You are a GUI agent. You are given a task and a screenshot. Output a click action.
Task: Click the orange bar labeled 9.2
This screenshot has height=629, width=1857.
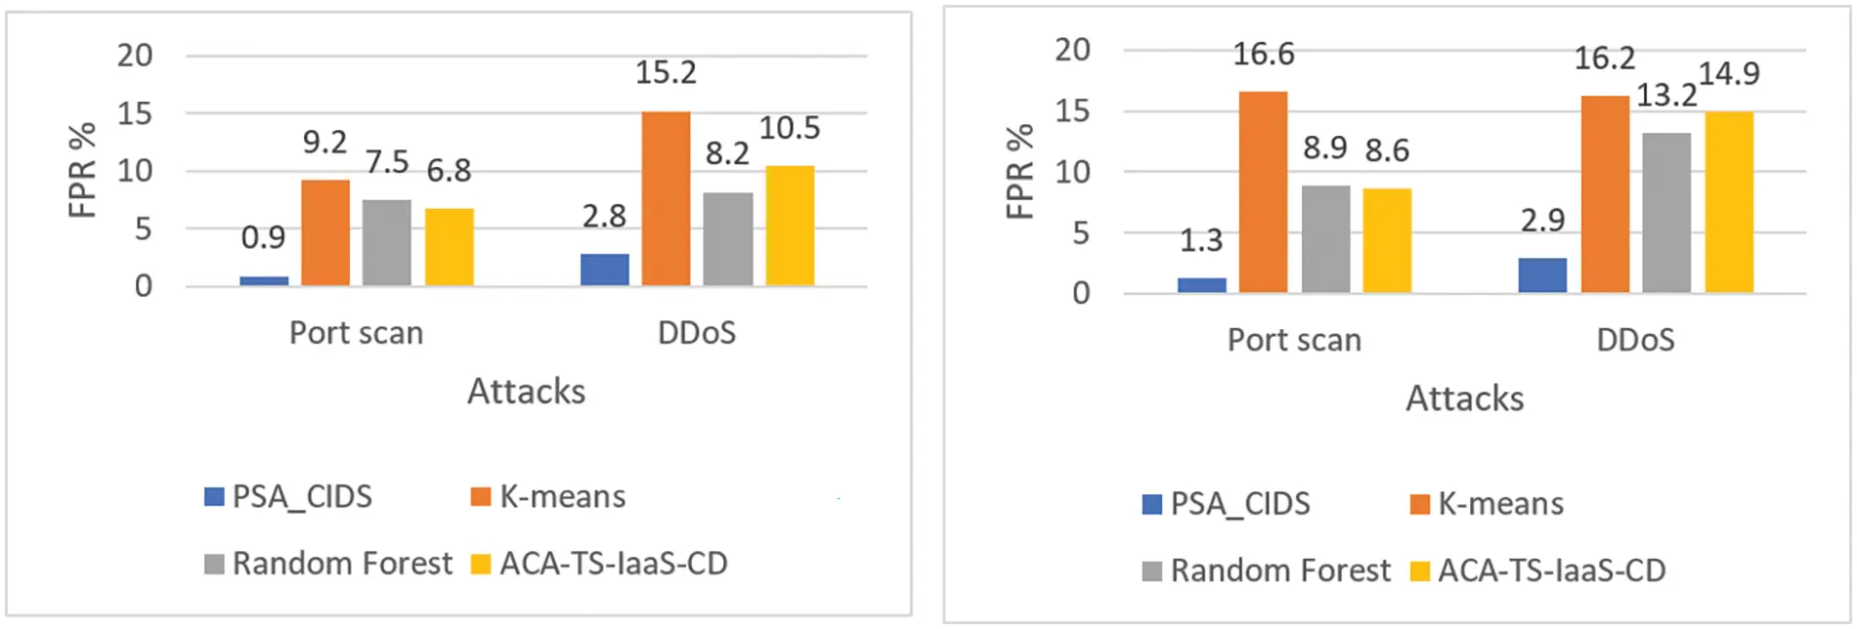pyautogui.click(x=325, y=232)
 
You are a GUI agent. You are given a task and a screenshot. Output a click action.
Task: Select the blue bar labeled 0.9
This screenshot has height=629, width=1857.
pyautogui.click(x=264, y=281)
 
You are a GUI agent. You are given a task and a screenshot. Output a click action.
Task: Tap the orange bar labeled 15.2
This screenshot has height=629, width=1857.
pyautogui.click(x=666, y=198)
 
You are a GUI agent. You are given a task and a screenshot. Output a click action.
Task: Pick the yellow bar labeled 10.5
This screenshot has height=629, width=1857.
pyautogui.click(x=790, y=226)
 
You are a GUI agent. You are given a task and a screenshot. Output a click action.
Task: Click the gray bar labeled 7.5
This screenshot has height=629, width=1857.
pyautogui.click(x=387, y=242)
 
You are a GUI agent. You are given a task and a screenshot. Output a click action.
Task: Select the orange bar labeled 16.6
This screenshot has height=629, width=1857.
pyautogui.click(x=1263, y=191)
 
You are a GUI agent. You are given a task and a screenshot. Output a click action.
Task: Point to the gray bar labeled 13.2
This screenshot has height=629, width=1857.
pyautogui.click(x=1666, y=212)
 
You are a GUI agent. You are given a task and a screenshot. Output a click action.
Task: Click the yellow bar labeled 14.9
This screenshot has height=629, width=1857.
pyautogui.click(x=1729, y=201)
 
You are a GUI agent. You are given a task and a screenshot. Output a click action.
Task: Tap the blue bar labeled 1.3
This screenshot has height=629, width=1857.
pyautogui.click(x=1201, y=285)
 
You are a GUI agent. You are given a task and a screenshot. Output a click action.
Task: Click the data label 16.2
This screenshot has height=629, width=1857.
pyautogui.click(x=1604, y=59)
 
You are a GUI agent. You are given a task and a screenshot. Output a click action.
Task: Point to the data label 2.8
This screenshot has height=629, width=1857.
pyautogui.click(x=604, y=216)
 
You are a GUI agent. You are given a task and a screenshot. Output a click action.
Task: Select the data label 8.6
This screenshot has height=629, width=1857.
pyautogui.click(x=1387, y=150)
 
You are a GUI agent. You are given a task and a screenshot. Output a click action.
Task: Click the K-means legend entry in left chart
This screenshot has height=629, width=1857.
pyautogui.click(x=548, y=497)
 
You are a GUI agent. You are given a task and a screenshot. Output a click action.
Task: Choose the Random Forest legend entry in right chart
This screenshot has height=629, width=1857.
pyautogui.click(x=1267, y=570)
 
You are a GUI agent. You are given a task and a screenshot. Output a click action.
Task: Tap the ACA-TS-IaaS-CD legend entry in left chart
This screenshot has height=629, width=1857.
pyautogui.click(x=599, y=564)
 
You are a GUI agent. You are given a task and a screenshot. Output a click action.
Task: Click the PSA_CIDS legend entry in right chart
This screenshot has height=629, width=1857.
pyautogui.click(x=1227, y=504)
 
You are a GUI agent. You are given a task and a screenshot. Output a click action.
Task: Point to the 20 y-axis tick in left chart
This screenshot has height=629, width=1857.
pyautogui.click(x=135, y=56)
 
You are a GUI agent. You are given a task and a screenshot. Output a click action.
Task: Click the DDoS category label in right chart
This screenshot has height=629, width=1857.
pyautogui.click(x=1635, y=340)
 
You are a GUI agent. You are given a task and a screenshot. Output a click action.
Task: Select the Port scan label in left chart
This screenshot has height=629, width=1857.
pyautogui.click(x=356, y=333)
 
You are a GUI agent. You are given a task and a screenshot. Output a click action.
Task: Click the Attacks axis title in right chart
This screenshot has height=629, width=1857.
pyautogui.click(x=1464, y=398)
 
